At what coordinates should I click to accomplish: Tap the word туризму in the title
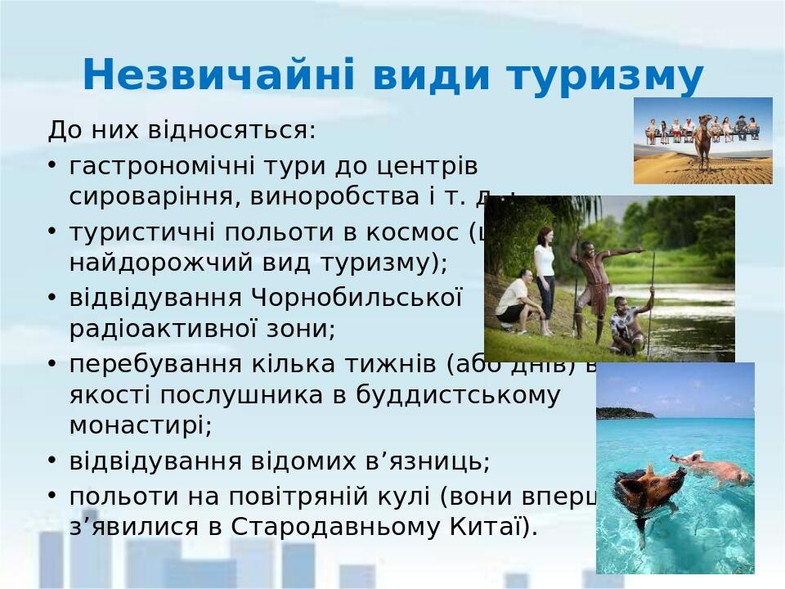[x=605, y=76]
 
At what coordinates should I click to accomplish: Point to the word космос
[x=401, y=232]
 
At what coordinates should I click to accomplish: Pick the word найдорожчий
[x=164, y=263]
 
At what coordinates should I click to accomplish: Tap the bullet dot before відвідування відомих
[x=52, y=460]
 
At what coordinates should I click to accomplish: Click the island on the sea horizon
[x=626, y=412]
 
